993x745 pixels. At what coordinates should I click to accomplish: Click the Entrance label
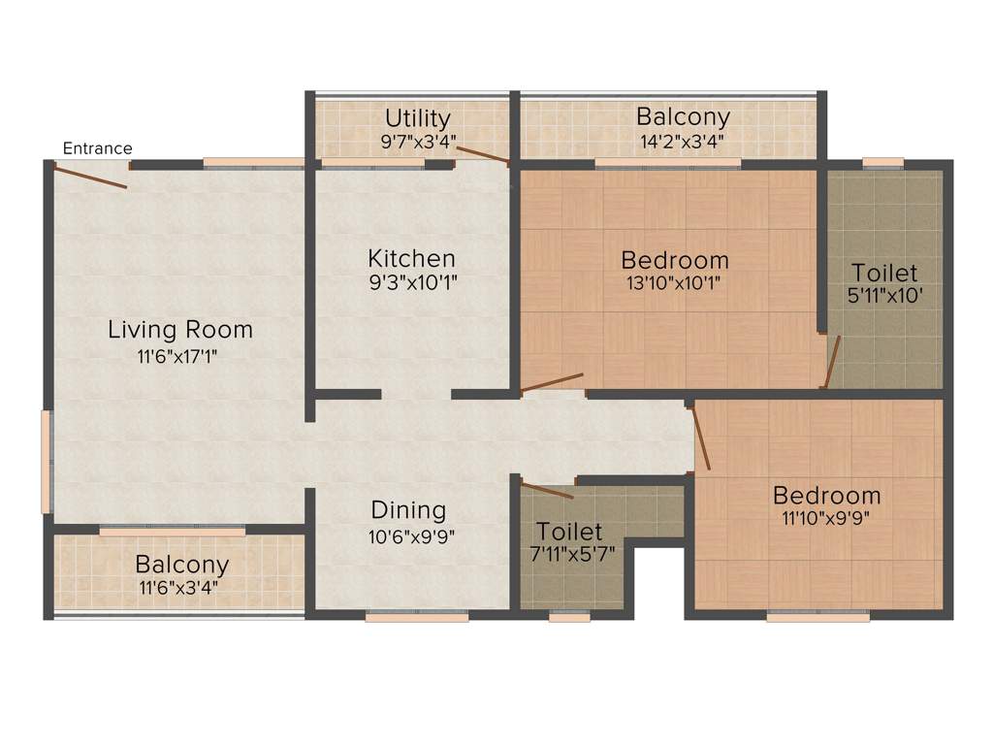pyautogui.click(x=97, y=148)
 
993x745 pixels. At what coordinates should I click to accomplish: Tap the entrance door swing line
pyautogui.click(x=90, y=178)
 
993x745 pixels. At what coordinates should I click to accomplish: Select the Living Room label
pyautogui.click(x=179, y=330)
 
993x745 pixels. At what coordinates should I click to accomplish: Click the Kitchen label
pyautogui.click(x=411, y=259)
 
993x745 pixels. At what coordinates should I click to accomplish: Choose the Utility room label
pyautogui.click(x=418, y=118)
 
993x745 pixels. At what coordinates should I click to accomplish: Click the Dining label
pyautogui.click(x=408, y=510)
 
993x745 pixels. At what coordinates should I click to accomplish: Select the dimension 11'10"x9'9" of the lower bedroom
pyautogui.click(x=826, y=517)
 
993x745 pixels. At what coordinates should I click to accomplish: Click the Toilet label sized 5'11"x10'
pyautogui.click(x=883, y=273)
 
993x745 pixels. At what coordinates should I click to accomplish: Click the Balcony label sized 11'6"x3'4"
pyautogui.click(x=181, y=565)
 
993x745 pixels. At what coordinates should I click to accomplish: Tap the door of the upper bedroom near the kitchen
pyautogui.click(x=552, y=382)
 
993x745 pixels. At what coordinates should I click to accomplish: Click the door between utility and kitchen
pyautogui.click(x=482, y=154)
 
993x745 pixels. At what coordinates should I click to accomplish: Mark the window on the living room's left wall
pyautogui.click(x=46, y=461)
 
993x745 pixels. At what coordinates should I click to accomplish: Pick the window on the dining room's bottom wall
pyautogui.click(x=417, y=615)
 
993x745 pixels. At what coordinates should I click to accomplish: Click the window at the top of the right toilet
pyautogui.click(x=882, y=163)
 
